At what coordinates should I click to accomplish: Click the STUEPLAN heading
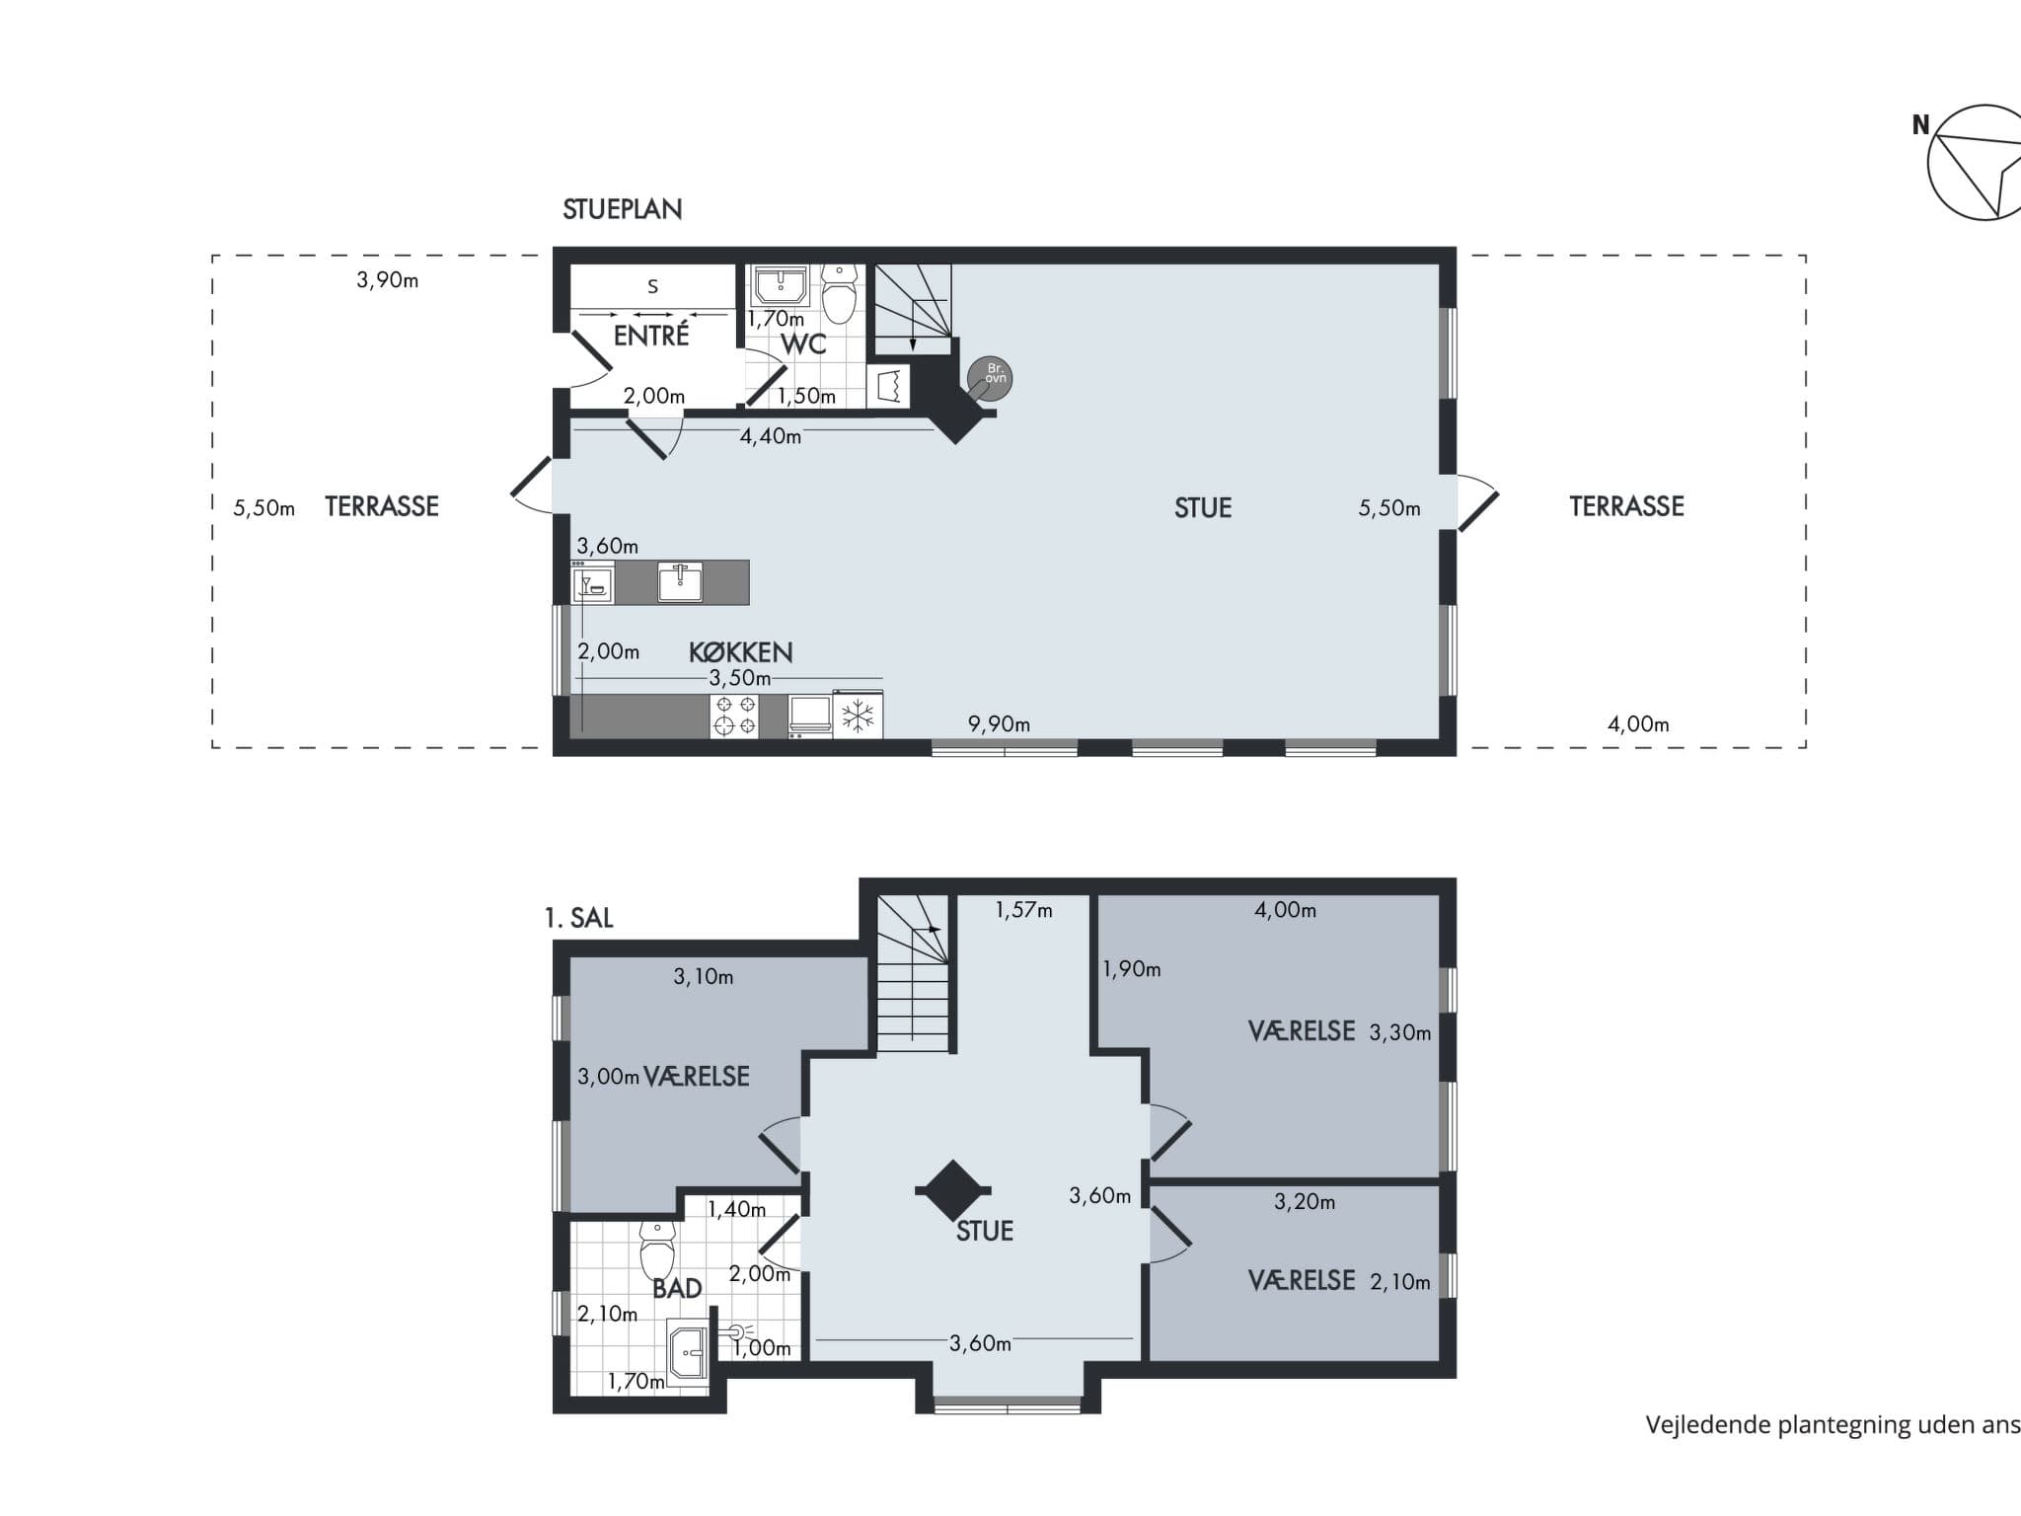coord(622,209)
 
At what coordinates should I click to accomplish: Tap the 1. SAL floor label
coord(578,918)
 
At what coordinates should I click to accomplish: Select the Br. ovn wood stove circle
coord(991,377)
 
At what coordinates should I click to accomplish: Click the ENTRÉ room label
coord(651,335)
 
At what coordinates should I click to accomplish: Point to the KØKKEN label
coord(740,652)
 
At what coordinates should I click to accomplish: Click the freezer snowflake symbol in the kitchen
coord(858,716)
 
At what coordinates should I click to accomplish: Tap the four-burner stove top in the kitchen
coord(735,716)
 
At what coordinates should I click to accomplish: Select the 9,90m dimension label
coord(999,724)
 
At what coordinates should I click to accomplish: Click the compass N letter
coord(1920,125)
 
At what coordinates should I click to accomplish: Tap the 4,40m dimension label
coord(771,436)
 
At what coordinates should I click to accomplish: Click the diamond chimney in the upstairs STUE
coord(952,1190)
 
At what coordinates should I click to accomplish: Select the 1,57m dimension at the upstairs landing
coord(1023,910)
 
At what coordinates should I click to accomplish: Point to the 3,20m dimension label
coord(1305,1202)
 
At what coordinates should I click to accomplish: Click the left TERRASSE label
coord(382,506)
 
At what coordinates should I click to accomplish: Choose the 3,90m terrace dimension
coord(387,280)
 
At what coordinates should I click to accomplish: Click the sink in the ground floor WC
coord(781,285)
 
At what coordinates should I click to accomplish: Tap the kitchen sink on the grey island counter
coord(680,582)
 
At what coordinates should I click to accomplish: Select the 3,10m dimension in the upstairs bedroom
coord(704,977)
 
